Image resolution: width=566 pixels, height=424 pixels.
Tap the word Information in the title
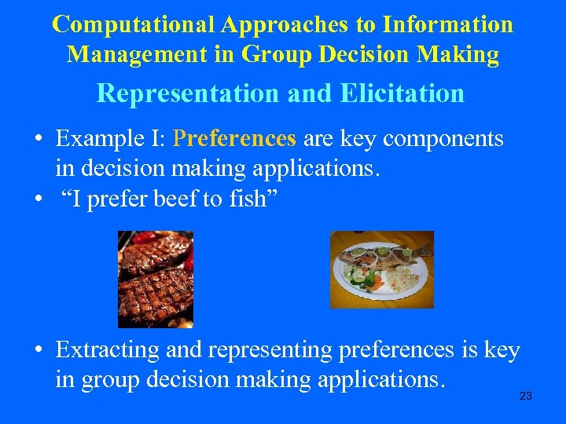[x=448, y=24]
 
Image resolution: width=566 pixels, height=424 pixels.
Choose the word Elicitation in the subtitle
[x=402, y=93]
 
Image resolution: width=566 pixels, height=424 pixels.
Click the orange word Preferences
[x=235, y=139]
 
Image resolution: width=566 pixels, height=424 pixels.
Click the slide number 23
[x=526, y=397]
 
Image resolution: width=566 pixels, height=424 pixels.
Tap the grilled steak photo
[x=155, y=279]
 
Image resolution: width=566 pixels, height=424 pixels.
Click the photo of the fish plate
[x=381, y=269]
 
